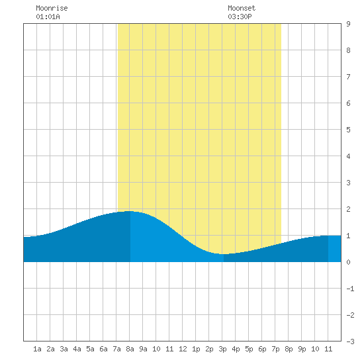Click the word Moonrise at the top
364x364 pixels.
pos(52,8)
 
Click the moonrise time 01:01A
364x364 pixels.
pos(48,17)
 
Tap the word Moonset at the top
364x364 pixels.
pos(242,8)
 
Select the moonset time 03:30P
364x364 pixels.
pos(240,17)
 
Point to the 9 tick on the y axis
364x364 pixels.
pos(348,24)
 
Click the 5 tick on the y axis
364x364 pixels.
pos(348,130)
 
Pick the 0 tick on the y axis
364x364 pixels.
pos(348,262)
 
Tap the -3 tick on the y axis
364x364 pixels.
pos(350,341)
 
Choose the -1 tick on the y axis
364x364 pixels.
pos(350,289)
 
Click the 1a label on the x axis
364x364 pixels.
pos(37,349)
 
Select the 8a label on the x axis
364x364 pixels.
pos(130,349)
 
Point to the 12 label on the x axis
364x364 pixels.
pos(183,349)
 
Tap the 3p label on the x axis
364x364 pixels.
pos(222,349)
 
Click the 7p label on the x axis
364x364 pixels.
pos(275,349)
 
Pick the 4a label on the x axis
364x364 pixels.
pos(77,349)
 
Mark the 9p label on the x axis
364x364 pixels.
pos(302,349)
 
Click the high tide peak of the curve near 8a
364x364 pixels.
pos(129,211)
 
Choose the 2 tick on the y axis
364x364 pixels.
pos(348,209)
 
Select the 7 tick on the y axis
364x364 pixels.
pos(348,77)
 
